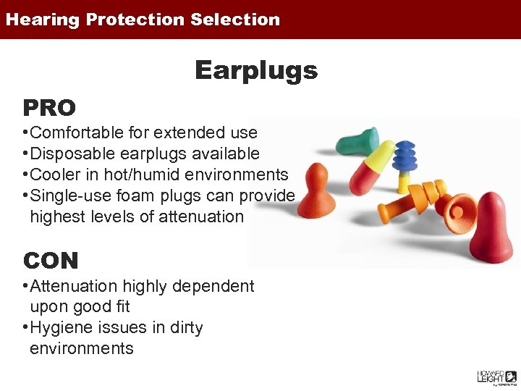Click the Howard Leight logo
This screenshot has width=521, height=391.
[x=496, y=377]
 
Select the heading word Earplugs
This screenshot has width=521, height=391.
[x=256, y=70]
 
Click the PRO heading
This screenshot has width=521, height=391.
[x=49, y=108]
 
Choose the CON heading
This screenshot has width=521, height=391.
[x=51, y=260]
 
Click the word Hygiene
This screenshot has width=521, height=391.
[x=59, y=327]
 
